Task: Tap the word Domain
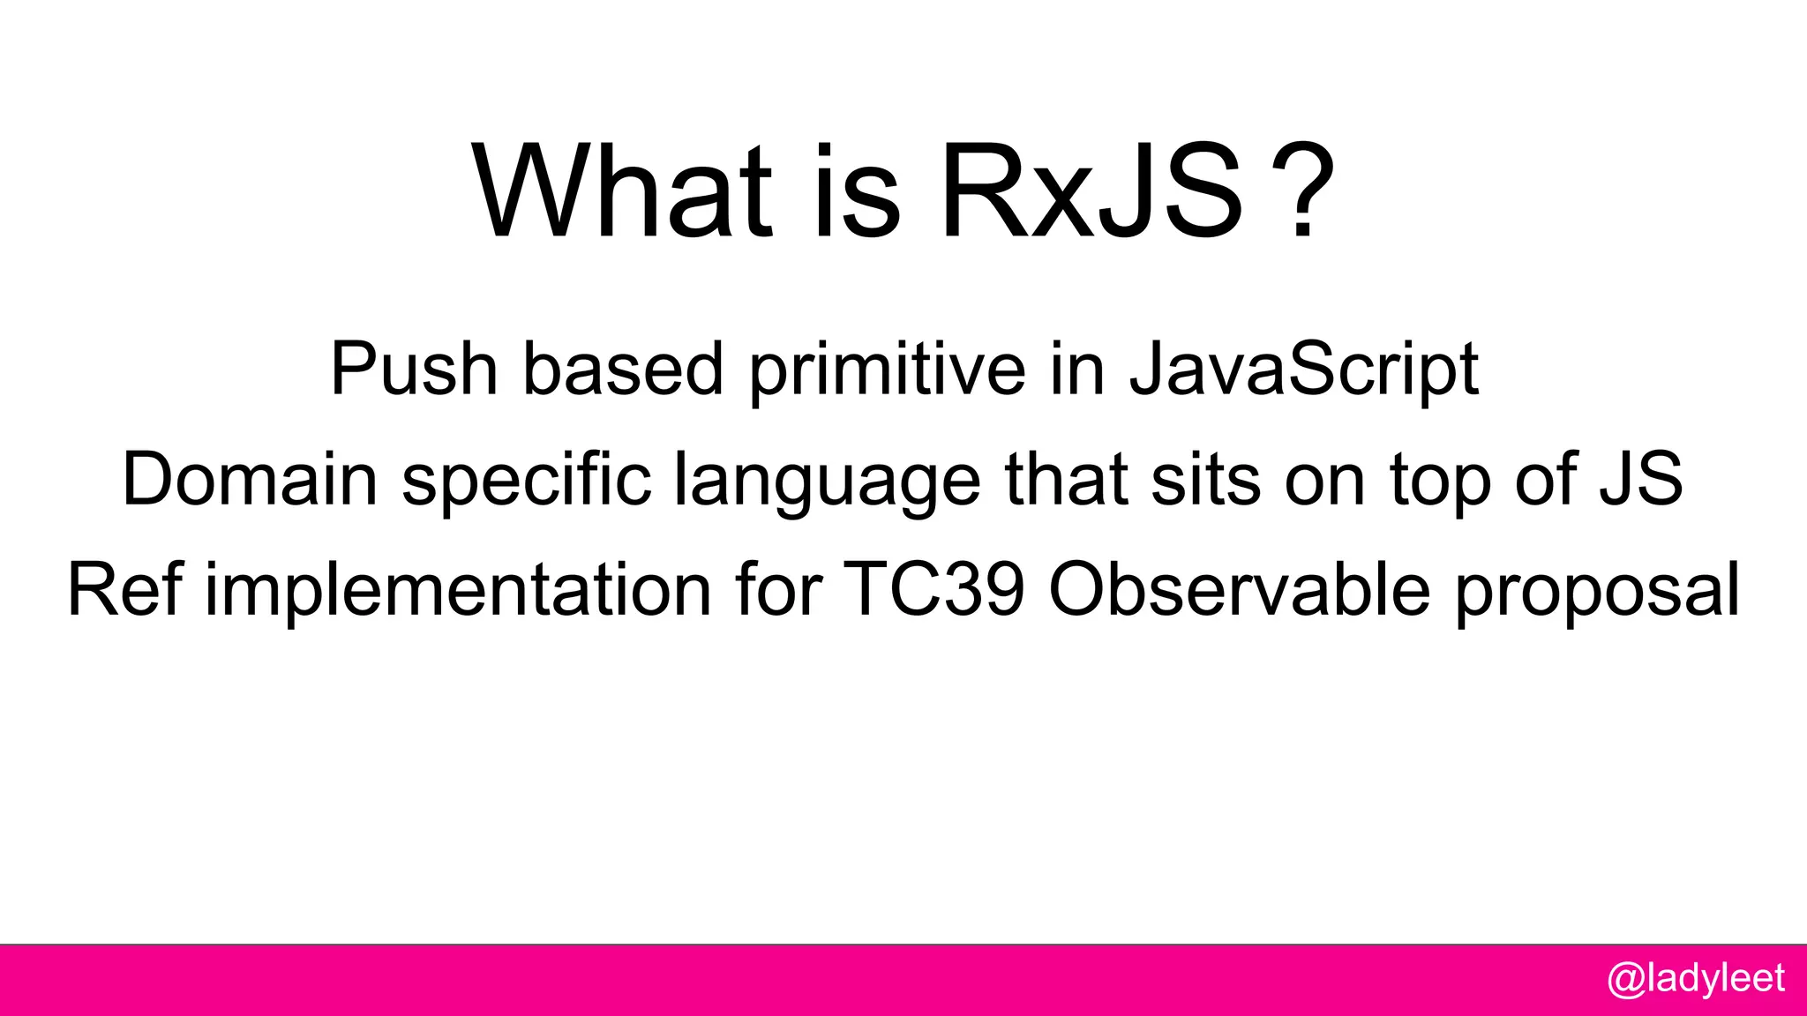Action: point(250,479)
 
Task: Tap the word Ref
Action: point(124,589)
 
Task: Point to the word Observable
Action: point(1239,589)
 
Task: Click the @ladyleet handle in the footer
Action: point(1696,979)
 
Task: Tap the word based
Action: point(623,369)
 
